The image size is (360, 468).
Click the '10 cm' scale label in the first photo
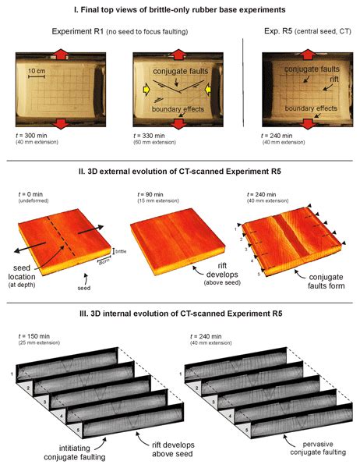[x=43, y=73]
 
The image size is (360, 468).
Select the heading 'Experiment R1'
[x=85, y=34]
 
